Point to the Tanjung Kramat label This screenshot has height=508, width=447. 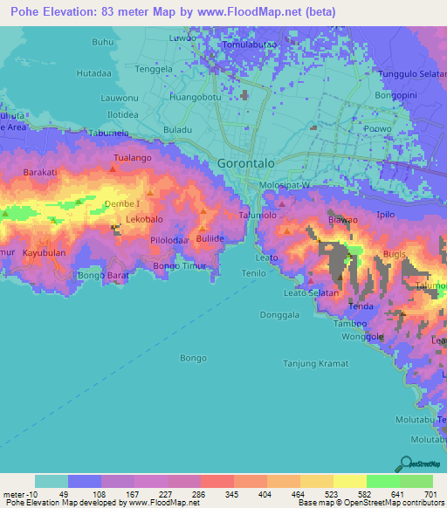315,363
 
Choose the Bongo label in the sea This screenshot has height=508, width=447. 193,358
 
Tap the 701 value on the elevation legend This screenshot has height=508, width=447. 430,494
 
